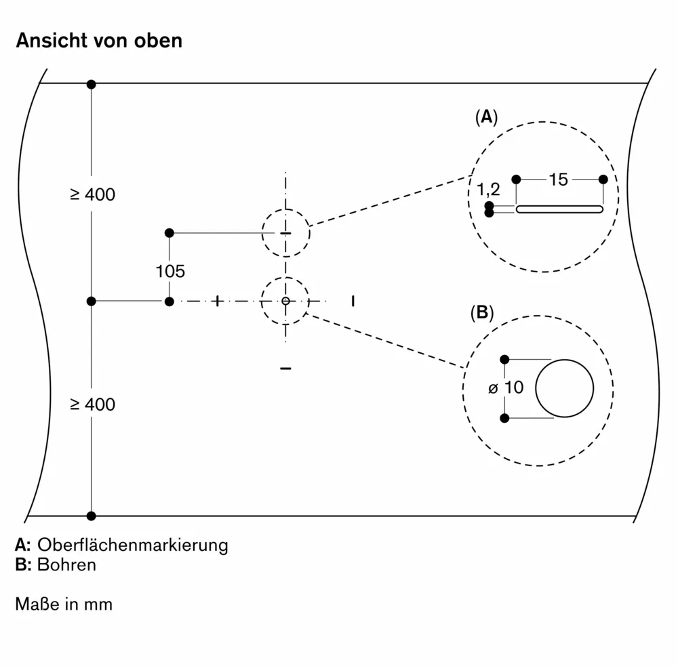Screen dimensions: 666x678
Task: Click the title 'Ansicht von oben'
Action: tap(99, 41)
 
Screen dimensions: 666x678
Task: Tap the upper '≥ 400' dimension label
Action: tap(92, 195)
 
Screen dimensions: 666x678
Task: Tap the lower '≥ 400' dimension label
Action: tap(92, 404)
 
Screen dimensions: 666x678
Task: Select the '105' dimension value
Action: tap(169, 272)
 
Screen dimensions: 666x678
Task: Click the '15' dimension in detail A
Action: tap(558, 180)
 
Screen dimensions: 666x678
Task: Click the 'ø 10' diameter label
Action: tap(506, 388)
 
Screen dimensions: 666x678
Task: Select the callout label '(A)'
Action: tap(486, 117)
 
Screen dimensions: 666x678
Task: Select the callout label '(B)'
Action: tap(481, 312)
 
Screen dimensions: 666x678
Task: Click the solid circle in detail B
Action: tap(564, 388)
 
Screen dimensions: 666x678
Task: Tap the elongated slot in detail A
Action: tap(559, 209)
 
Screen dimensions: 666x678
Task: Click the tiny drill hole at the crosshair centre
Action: tap(285, 301)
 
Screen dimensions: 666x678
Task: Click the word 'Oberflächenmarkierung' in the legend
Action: tap(133, 545)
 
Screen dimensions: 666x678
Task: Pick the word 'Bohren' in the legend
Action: tap(67, 564)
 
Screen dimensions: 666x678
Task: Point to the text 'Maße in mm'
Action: tap(64, 604)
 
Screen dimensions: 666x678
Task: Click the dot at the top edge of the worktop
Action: tap(92, 84)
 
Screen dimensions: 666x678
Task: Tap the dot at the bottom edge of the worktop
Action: tap(92, 516)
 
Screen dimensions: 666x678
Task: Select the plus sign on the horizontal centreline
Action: tap(217, 301)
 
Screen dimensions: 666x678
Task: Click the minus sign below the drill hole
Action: tap(285, 368)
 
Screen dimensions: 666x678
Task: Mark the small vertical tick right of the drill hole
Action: tap(353, 300)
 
